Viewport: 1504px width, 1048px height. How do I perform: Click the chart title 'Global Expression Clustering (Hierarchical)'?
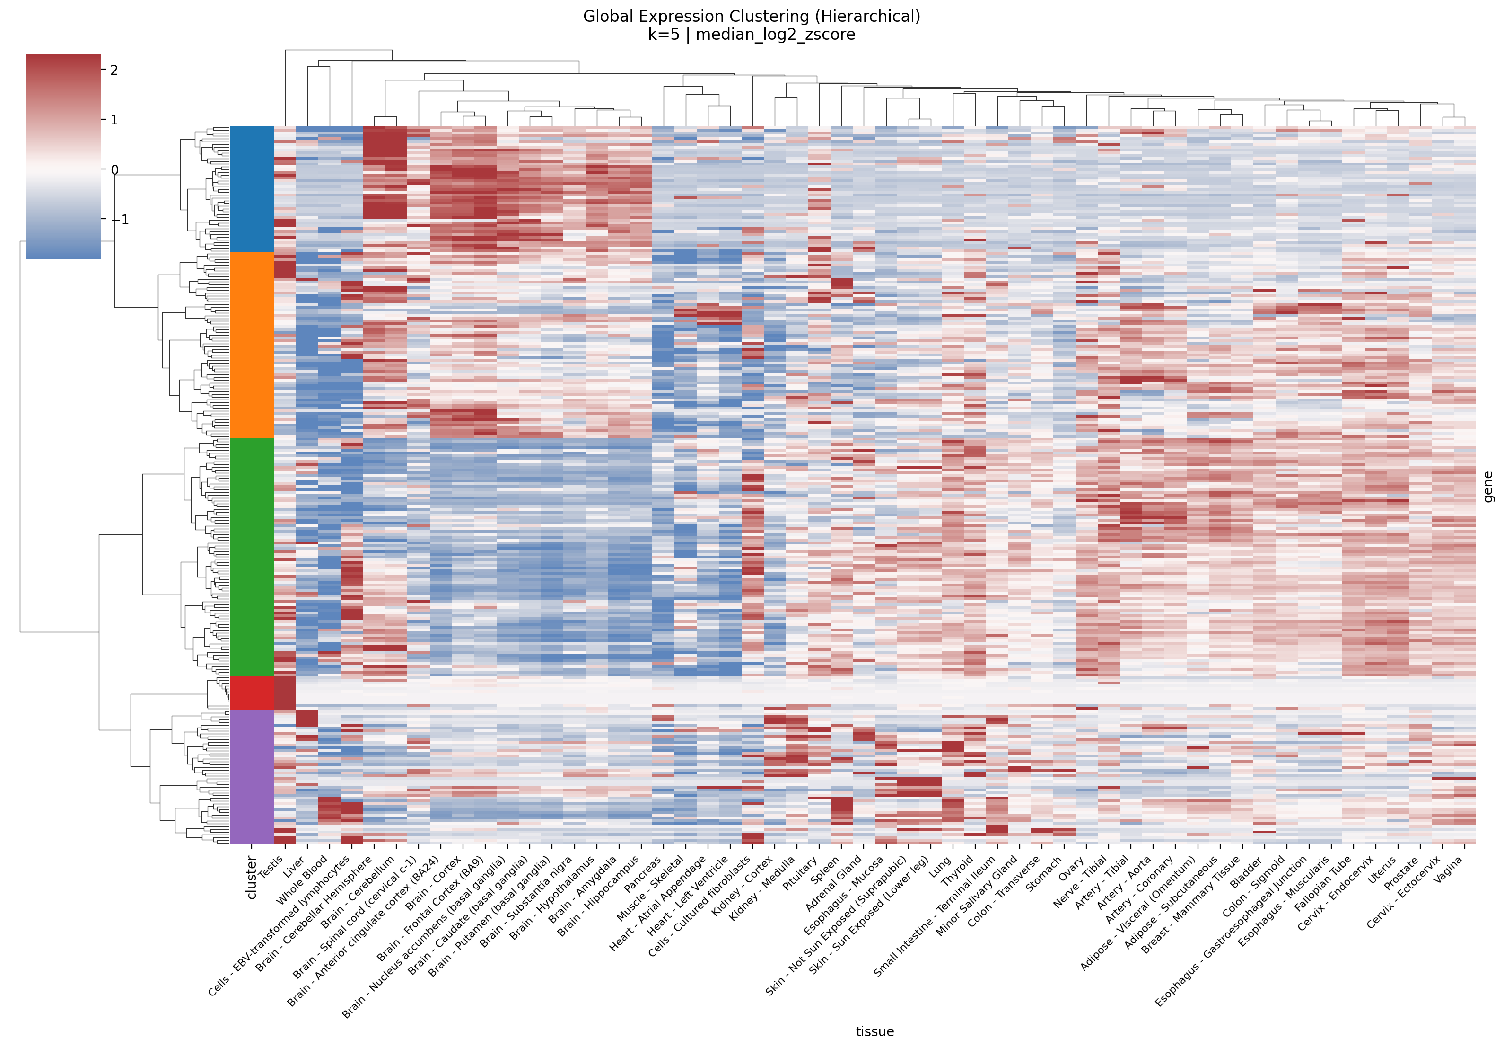click(752, 17)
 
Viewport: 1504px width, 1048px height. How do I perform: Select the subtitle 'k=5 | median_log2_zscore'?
click(752, 35)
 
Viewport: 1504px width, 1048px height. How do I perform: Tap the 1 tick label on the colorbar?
click(114, 120)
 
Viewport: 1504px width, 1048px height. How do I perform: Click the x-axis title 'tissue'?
click(874, 1031)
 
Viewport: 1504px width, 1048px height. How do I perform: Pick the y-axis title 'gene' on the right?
click(1488, 486)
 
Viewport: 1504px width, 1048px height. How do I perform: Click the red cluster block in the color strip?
click(252, 693)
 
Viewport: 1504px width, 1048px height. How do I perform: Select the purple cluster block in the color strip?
click(252, 777)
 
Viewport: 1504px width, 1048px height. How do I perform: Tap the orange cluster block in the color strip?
click(252, 345)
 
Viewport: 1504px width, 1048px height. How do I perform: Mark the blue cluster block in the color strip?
click(252, 189)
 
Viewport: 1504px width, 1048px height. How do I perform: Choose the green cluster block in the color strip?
click(252, 557)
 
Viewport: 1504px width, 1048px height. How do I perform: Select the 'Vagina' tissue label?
click(1448, 870)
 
